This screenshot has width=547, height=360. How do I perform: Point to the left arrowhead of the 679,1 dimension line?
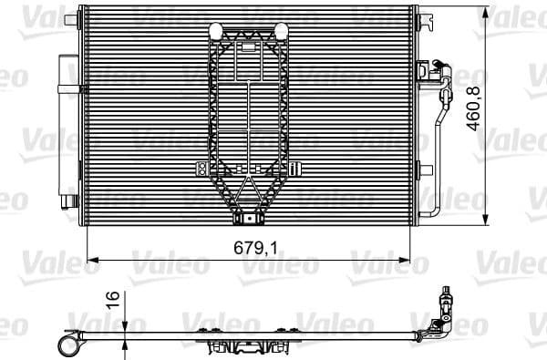(x=90, y=259)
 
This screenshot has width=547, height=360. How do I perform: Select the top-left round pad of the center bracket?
(x=216, y=31)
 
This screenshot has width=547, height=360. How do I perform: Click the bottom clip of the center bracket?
(x=247, y=218)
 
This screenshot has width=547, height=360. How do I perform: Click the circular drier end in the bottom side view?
(x=67, y=344)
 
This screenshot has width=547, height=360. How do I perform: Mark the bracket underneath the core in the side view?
(x=246, y=347)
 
